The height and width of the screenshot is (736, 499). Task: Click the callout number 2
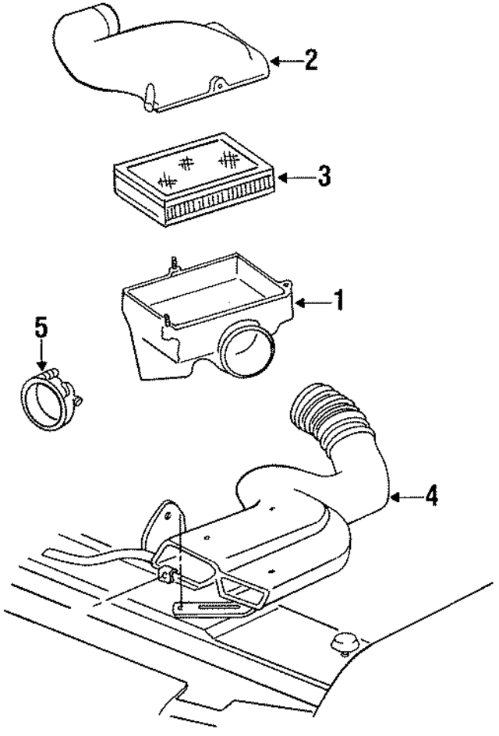click(310, 61)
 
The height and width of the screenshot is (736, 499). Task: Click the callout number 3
click(323, 175)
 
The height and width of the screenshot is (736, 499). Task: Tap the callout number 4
click(430, 495)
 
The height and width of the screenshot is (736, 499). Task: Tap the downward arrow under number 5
click(41, 358)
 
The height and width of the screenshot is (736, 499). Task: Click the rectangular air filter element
click(195, 183)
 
